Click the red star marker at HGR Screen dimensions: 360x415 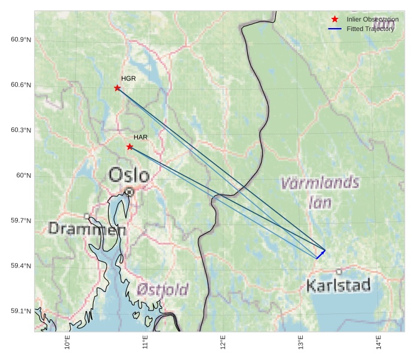coord(117,88)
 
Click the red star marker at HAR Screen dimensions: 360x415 coord(130,146)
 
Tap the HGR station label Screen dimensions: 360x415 coord(128,78)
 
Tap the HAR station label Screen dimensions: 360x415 coord(140,137)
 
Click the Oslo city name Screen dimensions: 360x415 coord(129,175)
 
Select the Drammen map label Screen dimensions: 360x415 coord(87,229)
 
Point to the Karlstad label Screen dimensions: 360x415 coord(339,285)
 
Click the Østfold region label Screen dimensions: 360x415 coord(162,290)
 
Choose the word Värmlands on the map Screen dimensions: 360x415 coord(320,182)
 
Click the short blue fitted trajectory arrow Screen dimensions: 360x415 coord(321,254)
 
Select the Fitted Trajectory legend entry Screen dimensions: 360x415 coord(370,29)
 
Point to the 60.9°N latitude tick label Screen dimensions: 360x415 coord(21,39)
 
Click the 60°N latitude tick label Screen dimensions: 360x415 coord(24,176)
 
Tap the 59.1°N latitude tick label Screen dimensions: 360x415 coord(21,311)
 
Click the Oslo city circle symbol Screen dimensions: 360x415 coord(129,192)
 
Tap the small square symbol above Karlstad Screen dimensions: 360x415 coord(339,271)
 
